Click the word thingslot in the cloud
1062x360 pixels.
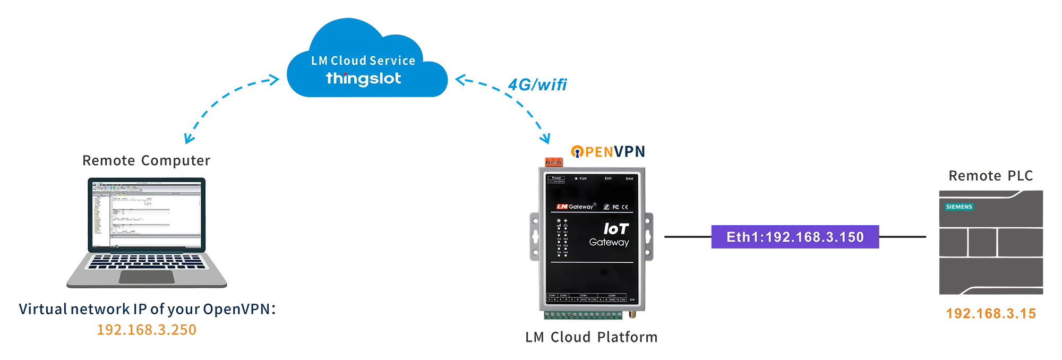(363, 79)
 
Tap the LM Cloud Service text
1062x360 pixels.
(363, 61)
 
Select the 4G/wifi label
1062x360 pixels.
(537, 84)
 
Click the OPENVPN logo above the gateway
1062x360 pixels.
(607, 151)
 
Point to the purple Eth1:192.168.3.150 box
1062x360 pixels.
(794, 237)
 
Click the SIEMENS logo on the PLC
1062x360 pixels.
(958, 207)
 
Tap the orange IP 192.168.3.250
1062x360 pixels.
(148, 329)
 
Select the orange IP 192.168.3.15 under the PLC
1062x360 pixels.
(991, 312)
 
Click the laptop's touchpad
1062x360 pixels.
(147, 277)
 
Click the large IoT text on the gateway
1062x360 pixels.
(616, 229)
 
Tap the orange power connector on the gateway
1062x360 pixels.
(553, 162)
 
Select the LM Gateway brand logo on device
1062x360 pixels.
(575, 207)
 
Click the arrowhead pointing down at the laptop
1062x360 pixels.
(189, 139)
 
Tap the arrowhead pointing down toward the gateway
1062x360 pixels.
(545, 139)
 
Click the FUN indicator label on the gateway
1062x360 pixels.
(583, 178)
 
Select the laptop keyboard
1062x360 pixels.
(147, 262)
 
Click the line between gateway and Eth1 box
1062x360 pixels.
(686, 235)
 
